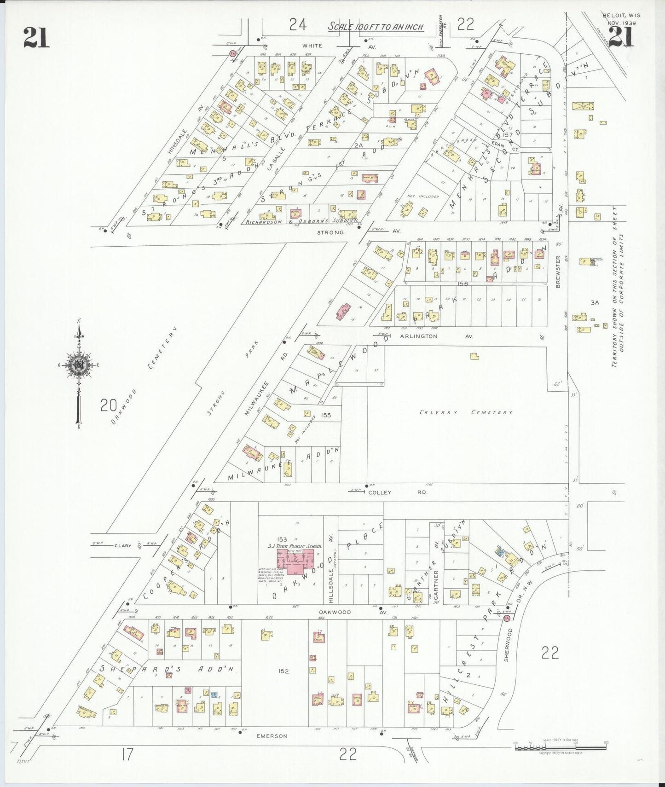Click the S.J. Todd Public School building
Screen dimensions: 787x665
tap(295, 562)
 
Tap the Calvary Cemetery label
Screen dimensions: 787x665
tap(466, 412)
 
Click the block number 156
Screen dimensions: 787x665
tap(463, 284)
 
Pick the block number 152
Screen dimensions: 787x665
tap(283, 671)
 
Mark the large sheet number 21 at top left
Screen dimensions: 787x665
tap(36, 37)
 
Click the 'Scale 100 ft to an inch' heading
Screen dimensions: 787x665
tap(376, 27)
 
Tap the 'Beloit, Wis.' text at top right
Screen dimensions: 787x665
tap(621, 15)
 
